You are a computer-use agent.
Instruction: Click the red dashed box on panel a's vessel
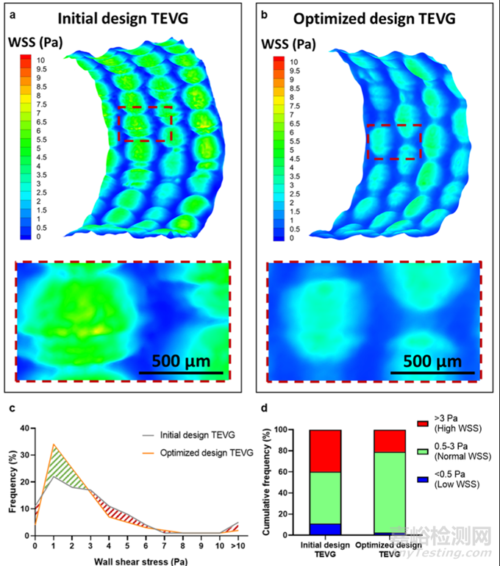145,123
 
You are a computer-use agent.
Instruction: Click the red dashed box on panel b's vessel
394,142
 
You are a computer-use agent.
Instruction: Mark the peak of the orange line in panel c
54,445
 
